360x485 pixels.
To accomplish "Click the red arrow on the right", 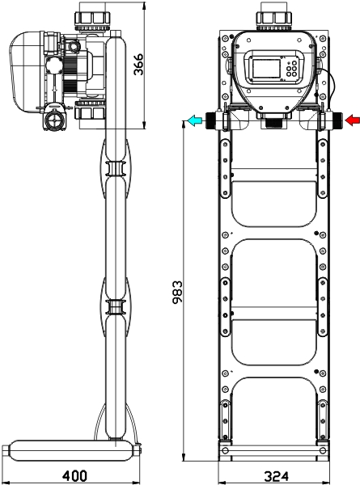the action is tap(352, 120).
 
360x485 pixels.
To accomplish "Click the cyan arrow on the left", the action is tap(195, 120).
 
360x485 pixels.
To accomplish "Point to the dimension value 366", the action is tap(138, 65).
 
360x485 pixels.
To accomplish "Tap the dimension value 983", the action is tap(177, 293).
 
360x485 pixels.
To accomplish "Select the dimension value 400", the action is tap(75, 476).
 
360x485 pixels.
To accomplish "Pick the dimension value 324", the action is tap(277, 477).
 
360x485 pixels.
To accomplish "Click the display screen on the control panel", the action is tap(266, 68).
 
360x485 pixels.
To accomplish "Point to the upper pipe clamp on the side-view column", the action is tap(115, 169).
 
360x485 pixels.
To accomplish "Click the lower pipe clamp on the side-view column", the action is tap(115, 307).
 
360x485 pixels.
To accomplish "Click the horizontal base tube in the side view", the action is tap(71, 451).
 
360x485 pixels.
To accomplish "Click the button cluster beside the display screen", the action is tap(291, 69).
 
